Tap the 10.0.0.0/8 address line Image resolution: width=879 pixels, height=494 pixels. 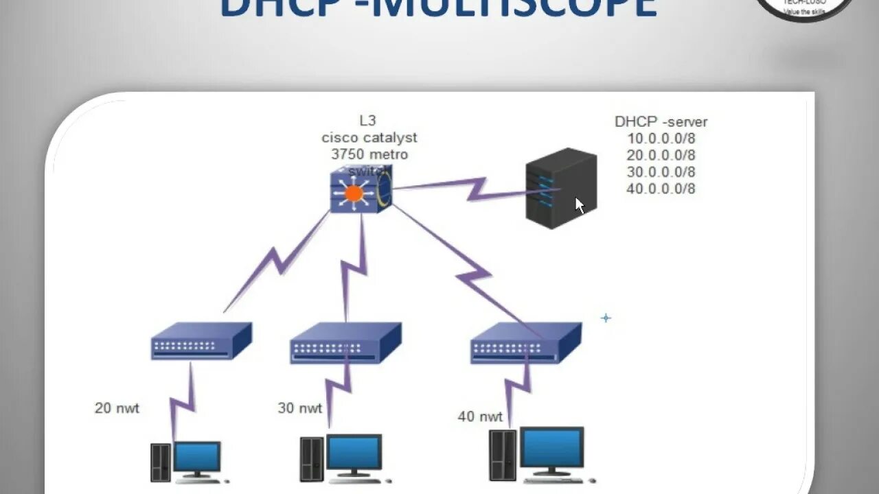coord(661,139)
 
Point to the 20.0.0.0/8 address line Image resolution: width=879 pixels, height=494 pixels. coord(661,155)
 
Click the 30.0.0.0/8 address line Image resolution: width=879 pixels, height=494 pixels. coord(661,172)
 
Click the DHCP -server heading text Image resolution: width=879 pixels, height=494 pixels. coord(661,122)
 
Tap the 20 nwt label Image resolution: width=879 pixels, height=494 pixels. coord(117,408)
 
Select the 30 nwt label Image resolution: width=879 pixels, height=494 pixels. coord(299,408)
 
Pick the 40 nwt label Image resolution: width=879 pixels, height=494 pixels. coord(480,416)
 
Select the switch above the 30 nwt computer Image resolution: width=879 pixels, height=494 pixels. coord(345,343)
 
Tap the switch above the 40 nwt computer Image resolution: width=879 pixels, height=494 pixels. coord(526,343)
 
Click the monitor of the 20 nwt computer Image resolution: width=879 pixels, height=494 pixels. coord(197,456)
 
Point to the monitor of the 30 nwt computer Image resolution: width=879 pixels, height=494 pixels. coord(354,453)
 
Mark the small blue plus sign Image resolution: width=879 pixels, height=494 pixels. coord(606,318)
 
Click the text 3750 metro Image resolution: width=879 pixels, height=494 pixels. coord(369,154)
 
